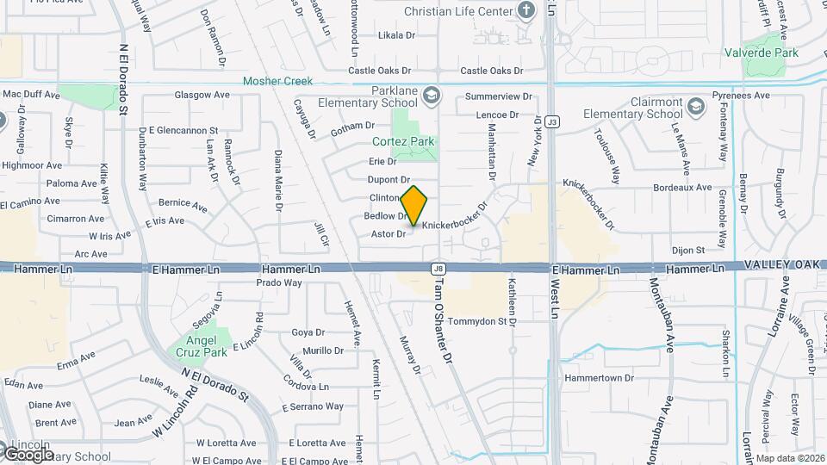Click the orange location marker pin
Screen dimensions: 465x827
414,207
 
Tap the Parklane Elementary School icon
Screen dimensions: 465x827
430,95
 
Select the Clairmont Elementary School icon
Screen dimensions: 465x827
695,108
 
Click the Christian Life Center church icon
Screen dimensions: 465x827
527,10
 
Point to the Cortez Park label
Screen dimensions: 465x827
402,141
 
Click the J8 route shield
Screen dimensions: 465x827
438,269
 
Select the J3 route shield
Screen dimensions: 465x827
552,121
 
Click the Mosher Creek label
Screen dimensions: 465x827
277,81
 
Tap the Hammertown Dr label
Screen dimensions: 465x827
599,378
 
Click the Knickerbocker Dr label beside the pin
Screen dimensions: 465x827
455,220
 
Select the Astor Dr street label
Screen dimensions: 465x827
388,234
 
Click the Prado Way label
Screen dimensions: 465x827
279,282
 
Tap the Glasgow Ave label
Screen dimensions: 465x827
202,95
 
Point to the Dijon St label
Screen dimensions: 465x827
688,251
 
